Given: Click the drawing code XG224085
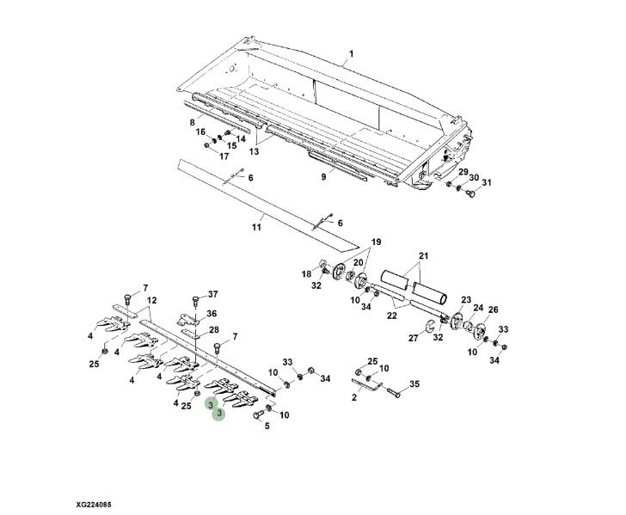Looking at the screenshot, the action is (x=94, y=505).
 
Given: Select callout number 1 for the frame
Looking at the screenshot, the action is (x=352, y=53).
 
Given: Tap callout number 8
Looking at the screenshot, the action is (x=192, y=123).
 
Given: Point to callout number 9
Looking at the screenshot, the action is (x=323, y=176).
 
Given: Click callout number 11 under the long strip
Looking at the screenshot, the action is (x=256, y=227).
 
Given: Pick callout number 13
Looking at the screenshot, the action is (x=254, y=151).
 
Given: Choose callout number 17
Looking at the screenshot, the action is (x=224, y=156).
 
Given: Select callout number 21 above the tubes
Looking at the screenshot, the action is (x=423, y=255).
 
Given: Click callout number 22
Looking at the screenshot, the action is (x=392, y=316).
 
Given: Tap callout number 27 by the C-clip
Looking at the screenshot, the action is (x=414, y=338).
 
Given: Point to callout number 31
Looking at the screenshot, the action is (x=487, y=182).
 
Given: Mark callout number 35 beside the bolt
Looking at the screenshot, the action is (x=414, y=384).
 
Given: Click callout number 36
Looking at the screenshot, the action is (x=212, y=314).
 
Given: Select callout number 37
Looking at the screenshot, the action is (x=213, y=294).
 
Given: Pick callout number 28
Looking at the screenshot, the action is (x=214, y=330).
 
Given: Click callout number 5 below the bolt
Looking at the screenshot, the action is (x=267, y=426).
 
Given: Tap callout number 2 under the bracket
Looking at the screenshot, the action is (x=353, y=397).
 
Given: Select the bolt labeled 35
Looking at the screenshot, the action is (x=394, y=392).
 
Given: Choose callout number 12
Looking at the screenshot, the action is (x=151, y=300).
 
